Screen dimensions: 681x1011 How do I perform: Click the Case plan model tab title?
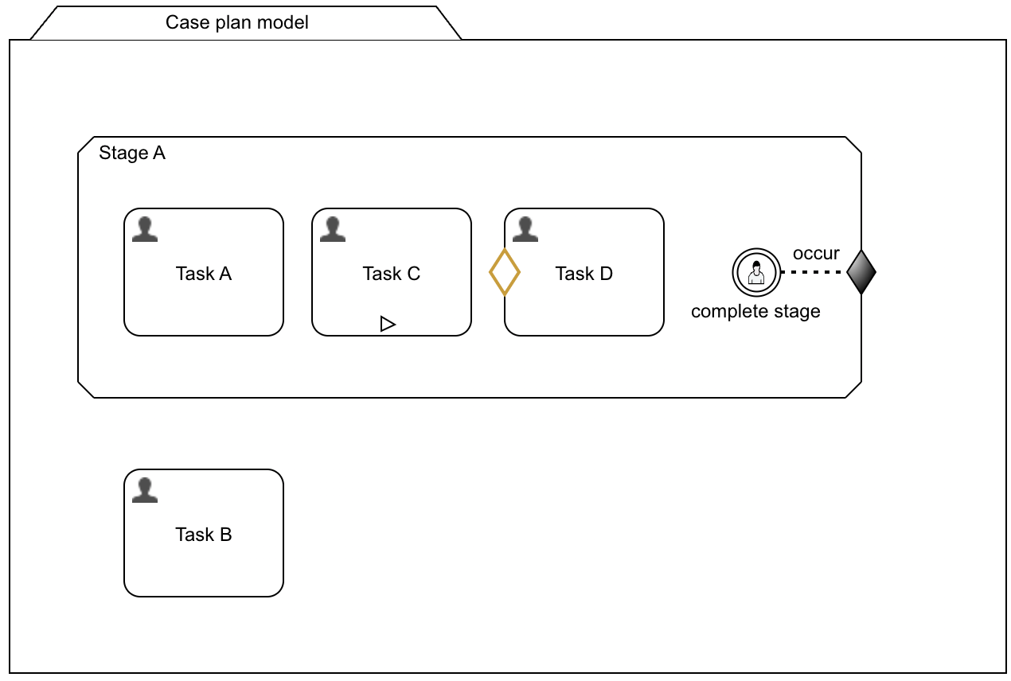tap(236, 22)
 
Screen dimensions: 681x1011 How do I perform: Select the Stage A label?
tap(132, 153)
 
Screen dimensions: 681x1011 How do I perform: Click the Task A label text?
tap(204, 274)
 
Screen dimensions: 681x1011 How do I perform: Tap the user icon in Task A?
tap(144, 230)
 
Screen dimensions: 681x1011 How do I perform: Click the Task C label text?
tap(391, 274)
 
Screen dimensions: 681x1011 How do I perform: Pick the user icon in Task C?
tap(332, 230)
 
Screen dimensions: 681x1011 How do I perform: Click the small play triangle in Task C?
tap(388, 324)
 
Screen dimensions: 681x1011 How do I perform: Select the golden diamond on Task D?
tap(504, 272)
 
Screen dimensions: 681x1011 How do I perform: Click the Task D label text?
tap(584, 274)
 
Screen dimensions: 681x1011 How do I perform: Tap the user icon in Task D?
tap(525, 230)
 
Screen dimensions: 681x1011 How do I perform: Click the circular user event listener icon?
tap(755, 272)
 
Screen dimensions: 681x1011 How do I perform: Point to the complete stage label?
tap(755, 311)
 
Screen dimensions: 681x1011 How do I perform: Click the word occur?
tap(816, 254)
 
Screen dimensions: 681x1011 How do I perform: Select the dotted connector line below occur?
tap(811, 272)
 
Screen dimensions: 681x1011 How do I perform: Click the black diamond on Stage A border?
tap(861, 272)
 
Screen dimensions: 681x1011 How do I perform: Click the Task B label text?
tap(204, 535)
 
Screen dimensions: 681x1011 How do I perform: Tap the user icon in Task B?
tap(144, 491)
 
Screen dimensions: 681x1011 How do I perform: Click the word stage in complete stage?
tap(796, 311)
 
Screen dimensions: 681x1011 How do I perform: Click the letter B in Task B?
tap(225, 535)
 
